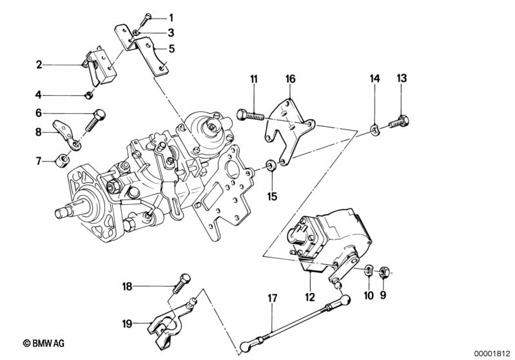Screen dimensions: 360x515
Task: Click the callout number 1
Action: coord(171,17)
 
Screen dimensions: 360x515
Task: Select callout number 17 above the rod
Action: coord(272,298)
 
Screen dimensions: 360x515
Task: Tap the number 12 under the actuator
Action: coord(310,297)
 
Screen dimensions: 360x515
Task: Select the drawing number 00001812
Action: coord(492,353)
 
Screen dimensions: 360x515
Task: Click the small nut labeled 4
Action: coord(90,96)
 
